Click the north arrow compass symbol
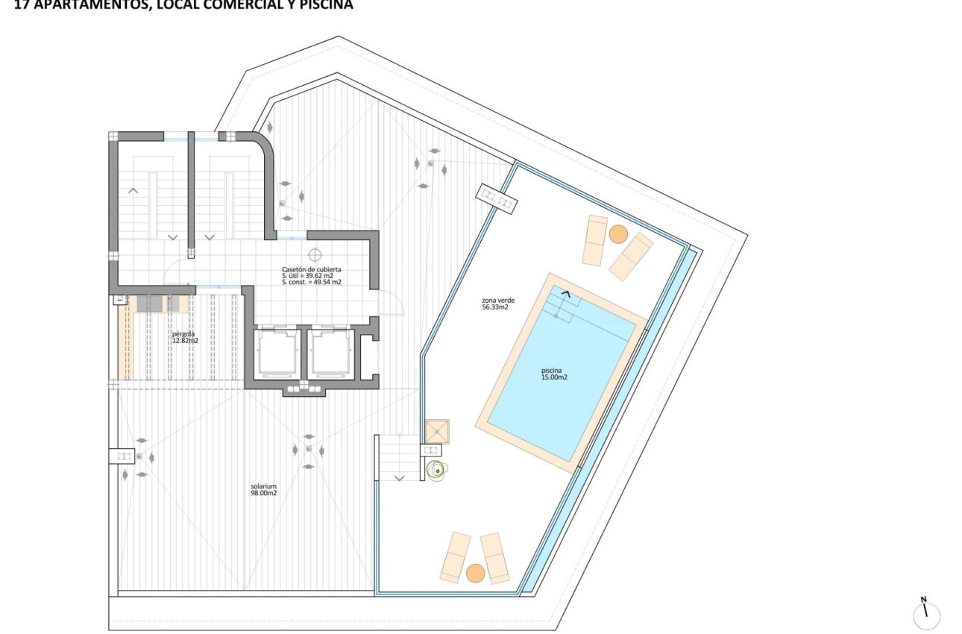(x=926, y=615)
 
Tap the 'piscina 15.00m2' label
(x=555, y=373)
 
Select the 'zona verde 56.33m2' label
(x=496, y=304)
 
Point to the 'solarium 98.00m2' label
(x=264, y=489)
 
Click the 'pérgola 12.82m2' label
(x=185, y=337)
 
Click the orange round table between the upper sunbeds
(x=617, y=234)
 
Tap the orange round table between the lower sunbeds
(x=475, y=573)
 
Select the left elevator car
(x=277, y=354)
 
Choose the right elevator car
(x=331, y=354)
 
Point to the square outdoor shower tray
(x=437, y=431)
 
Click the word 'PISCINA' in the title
(x=327, y=4)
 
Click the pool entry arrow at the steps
(x=568, y=295)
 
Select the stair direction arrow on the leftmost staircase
(x=133, y=191)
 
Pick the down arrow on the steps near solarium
(x=399, y=477)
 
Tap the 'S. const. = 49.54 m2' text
(x=312, y=283)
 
